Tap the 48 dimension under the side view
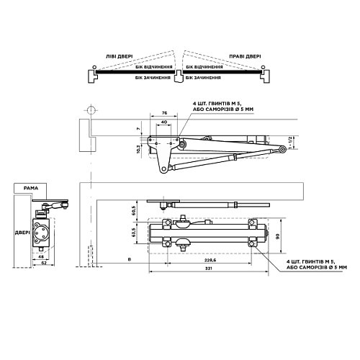(42, 257)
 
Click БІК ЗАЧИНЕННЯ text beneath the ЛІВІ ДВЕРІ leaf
(153, 76)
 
